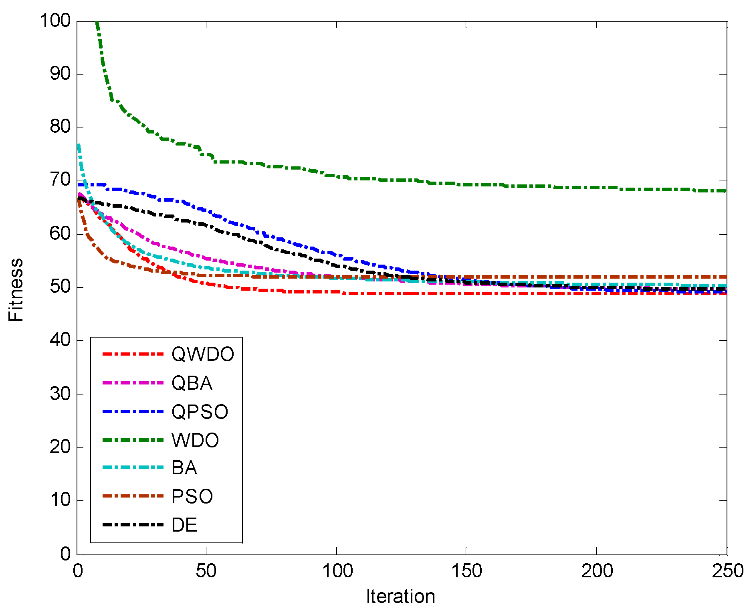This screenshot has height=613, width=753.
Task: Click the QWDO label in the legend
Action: pos(203,354)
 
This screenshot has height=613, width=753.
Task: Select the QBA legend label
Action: pos(192,383)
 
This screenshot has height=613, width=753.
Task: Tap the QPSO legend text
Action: pos(200,412)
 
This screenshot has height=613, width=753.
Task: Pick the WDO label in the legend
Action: pos(195,440)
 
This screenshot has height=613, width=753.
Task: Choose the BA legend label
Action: pos(184,468)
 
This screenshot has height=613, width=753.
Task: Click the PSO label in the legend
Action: pos(192,497)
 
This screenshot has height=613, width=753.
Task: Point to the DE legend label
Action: pos(184,525)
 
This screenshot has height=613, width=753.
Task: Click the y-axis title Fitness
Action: pos(16,289)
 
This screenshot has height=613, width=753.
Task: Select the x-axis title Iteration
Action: pos(400,597)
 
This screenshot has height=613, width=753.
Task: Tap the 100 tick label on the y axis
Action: pos(55,20)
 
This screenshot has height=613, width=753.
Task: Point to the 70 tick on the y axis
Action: pos(60,180)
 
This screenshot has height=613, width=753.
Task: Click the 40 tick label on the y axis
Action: pos(60,340)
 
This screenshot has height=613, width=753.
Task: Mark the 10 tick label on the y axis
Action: pos(60,500)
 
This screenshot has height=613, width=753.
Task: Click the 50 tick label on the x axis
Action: pos(206,571)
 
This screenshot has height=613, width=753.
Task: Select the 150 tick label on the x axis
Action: pos(466,571)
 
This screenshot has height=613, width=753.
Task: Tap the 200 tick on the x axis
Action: pos(597,571)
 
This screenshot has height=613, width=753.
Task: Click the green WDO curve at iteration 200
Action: pos(597,188)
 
